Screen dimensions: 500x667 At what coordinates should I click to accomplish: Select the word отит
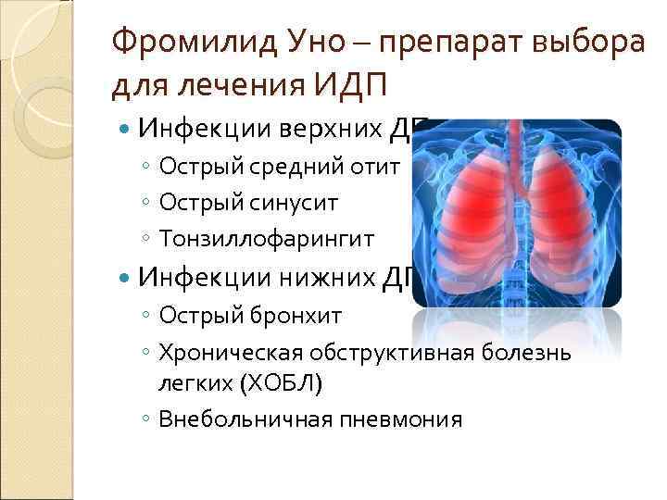[x=378, y=167]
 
